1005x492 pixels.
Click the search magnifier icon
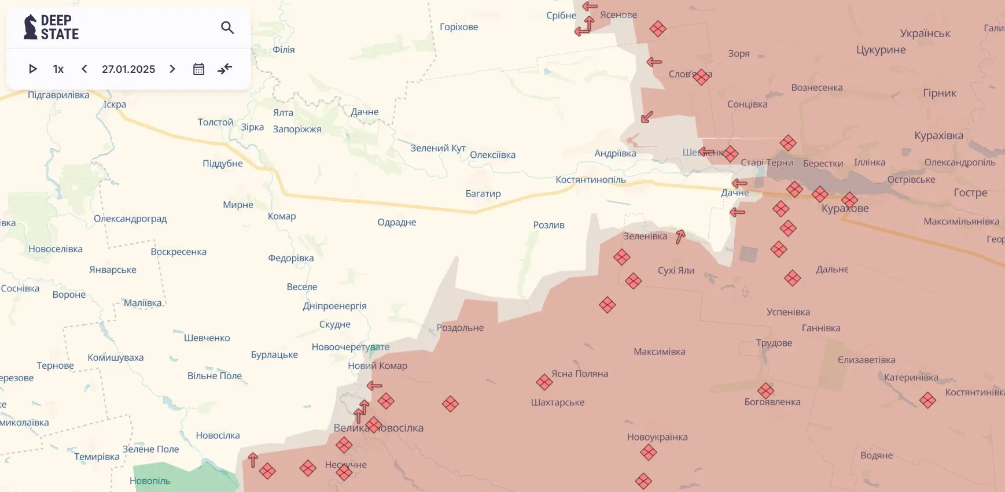coord(227,27)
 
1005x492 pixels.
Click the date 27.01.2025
coord(128,69)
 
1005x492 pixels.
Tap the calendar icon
coord(198,69)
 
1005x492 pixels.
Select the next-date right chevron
coord(172,69)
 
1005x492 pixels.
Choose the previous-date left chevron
coord(84,69)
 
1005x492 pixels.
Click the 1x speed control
coord(58,69)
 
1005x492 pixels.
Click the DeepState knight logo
coord(30,27)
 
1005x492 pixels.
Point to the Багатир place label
coord(483,194)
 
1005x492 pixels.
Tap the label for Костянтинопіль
coord(590,180)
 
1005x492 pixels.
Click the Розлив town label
coord(548,225)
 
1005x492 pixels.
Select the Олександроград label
coord(130,219)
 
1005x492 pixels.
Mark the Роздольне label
coord(460,328)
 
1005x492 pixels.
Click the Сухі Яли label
coord(676,271)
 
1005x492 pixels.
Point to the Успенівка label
coord(788,312)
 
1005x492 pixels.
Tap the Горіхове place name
coord(459,27)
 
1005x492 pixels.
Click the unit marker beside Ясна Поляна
coord(544,382)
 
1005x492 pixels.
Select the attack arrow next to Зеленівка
coord(680,236)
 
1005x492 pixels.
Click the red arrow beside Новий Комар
coord(374,386)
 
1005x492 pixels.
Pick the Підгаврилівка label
coord(58,95)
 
